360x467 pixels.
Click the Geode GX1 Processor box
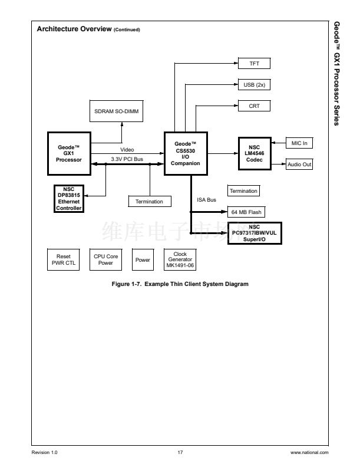pyautogui.click(x=69, y=153)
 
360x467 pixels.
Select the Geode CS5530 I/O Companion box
pyautogui.click(x=186, y=153)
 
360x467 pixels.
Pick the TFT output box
pyautogui.click(x=254, y=63)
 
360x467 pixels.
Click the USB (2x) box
pyautogui.click(x=254, y=84)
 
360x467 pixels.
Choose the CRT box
pyautogui.click(x=254, y=106)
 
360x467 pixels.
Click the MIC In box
pyautogui.click(x=299, y=143)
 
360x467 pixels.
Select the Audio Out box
pyautogui.click(x=299, y=165)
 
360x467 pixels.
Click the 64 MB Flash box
pyautogui.click(x=246, y=212)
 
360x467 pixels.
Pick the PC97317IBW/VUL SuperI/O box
pyautogui.click(x=254, y=232)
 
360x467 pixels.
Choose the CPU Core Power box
pyautogui.click(x=106, y=260)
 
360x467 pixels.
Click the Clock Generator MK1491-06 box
pyautogui.click(x=180, y=260)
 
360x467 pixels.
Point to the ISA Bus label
pyautogui.click(x=206, y=200)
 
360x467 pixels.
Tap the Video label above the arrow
pyautogui.click(x=127, y=150)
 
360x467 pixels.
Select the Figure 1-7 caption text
pyautogui.click(x=180, y=284)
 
